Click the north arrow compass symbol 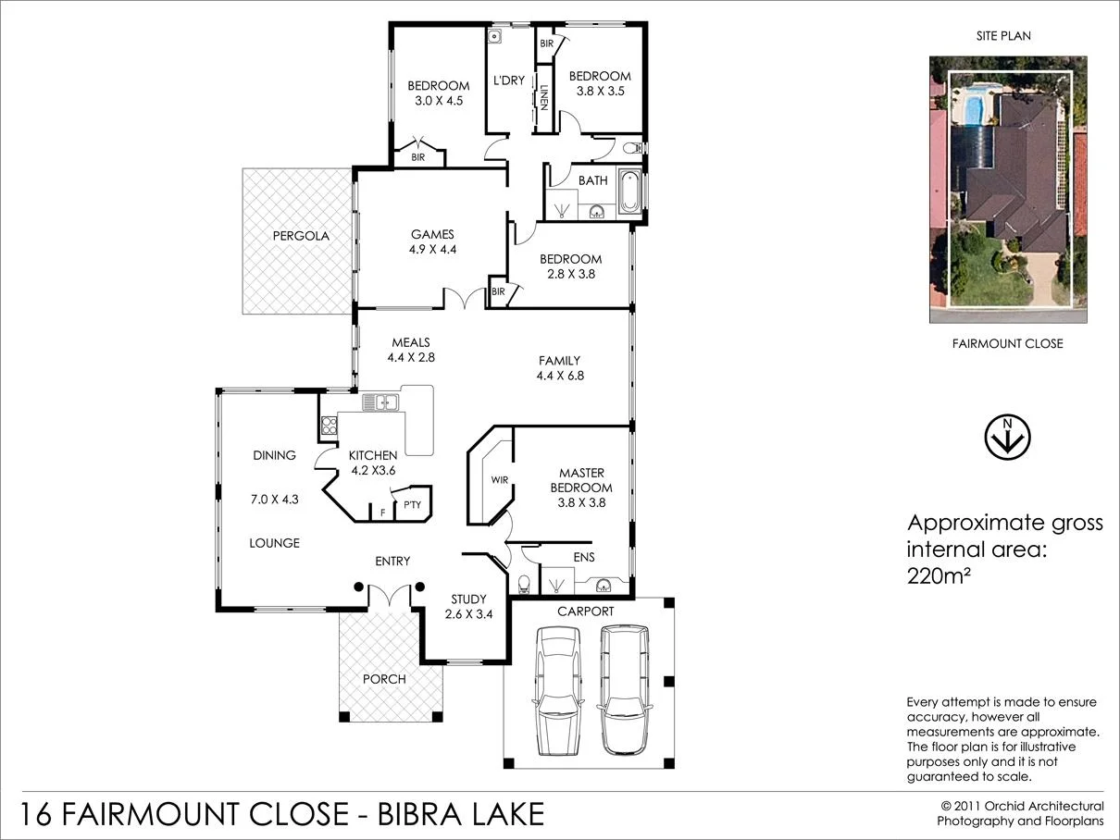1006,439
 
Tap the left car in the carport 557,689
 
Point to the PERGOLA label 300,236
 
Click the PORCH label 384,679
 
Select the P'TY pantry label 412,504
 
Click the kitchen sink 380,401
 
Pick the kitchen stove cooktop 329,426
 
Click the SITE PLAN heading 1004,36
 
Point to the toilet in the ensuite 525,582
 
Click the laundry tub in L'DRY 496,37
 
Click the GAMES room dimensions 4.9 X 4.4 432,249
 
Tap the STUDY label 468,599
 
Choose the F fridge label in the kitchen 383,512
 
